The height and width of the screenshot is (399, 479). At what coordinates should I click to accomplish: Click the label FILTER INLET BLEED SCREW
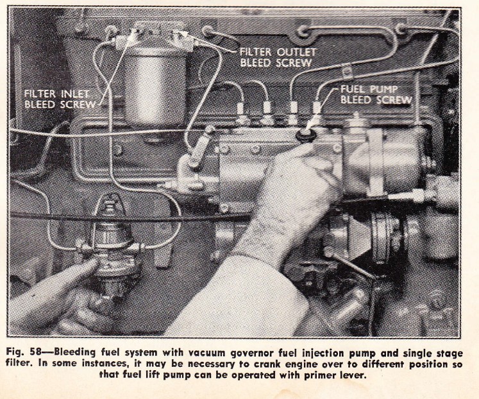pos(60,99)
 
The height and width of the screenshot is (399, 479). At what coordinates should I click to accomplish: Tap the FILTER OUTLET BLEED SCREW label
pos(278,58)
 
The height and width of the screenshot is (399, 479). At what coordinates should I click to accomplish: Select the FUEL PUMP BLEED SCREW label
pos(376,94)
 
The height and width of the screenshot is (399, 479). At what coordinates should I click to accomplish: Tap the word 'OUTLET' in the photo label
pos(296,52)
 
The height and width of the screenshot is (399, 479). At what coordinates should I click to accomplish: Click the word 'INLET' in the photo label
pos(74,94)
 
